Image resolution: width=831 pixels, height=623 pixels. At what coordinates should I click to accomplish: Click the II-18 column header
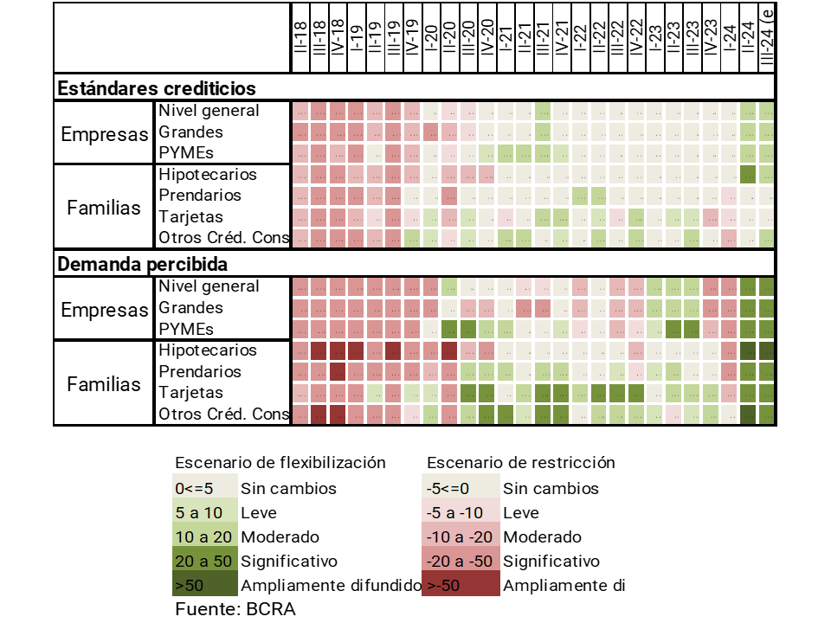pos(300,39)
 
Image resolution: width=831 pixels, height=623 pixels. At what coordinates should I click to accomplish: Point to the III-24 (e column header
pos(767,39)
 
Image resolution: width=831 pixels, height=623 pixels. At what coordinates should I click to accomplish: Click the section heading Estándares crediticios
pos(157,88)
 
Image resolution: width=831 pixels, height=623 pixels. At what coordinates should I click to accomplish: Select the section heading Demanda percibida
pos(142,263)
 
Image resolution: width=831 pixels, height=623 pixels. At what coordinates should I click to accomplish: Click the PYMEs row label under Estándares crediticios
pos(185,153)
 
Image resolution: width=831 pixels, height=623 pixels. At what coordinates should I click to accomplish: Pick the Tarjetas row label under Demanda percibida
pos(190,393)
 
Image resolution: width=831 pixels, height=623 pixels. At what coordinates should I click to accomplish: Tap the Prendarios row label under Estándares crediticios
pos(200,196)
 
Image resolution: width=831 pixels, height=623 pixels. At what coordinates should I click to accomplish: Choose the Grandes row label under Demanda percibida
pos(190,307)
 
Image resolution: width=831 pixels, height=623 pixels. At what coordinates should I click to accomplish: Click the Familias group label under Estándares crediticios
pos(104,208)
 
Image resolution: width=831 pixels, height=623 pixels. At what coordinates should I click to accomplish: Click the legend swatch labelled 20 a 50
pos(203,561)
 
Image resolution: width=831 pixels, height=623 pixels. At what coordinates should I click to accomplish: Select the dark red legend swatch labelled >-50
pos(461,585)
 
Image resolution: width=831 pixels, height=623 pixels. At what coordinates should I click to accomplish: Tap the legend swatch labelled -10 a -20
pos(461,536)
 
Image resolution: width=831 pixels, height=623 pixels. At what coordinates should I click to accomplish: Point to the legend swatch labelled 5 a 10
pos(203,512)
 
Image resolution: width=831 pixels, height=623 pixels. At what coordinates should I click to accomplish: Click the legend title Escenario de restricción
pos(521,462)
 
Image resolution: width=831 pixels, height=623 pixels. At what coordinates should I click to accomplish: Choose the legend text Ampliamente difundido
pos(331,585)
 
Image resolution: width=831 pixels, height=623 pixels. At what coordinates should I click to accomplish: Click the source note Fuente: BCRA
pos(235,608)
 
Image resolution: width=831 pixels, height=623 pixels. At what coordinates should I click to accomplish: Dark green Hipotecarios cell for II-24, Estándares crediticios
pos(749,175)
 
